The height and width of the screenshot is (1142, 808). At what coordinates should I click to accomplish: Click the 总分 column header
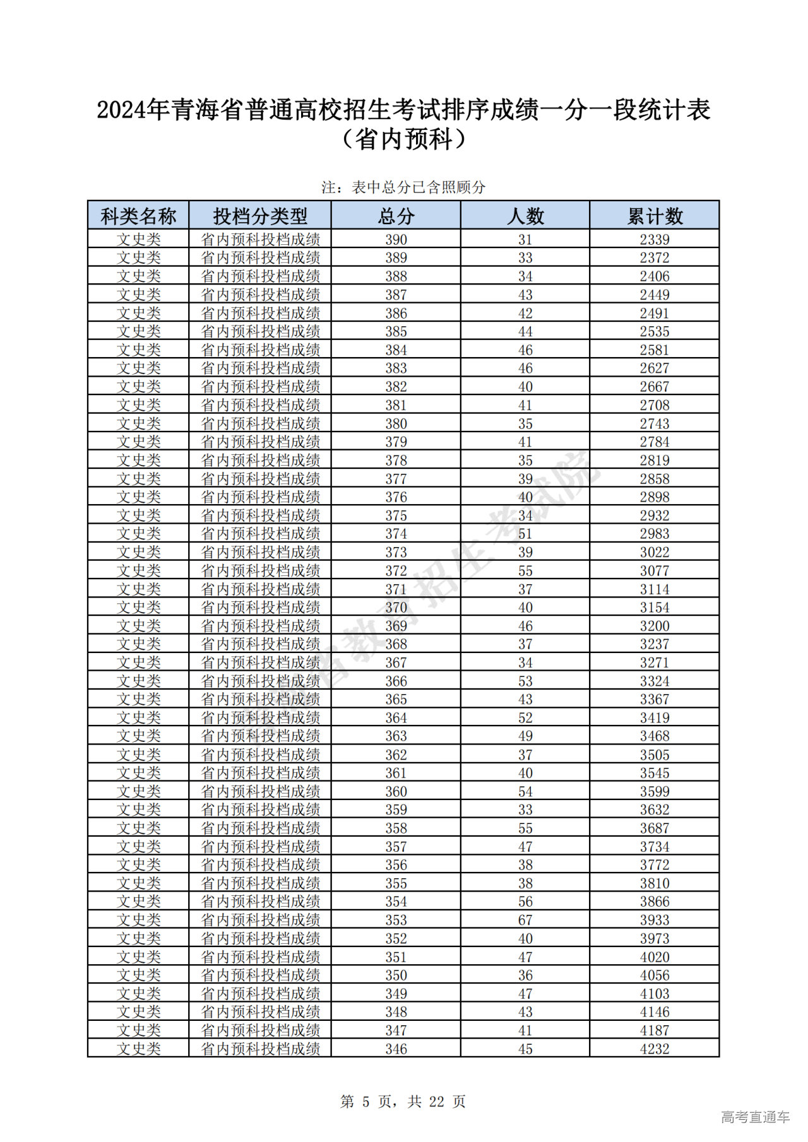coord(396,216)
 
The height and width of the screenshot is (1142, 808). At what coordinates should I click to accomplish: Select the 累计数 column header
coord(655,216)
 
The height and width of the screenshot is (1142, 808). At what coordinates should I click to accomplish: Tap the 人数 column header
coord(525,216)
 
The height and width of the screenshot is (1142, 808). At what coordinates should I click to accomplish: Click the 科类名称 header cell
coord(138,216)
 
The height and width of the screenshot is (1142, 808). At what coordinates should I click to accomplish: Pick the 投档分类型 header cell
coord(260,216)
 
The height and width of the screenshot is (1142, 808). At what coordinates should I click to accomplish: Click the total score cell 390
coord(396,240)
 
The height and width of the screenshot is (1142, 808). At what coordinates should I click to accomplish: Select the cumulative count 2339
coord(655,240)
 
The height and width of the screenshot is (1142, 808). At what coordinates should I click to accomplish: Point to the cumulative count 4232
coord(655,1049)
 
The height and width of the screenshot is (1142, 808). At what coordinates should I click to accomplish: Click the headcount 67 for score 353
coord(525,920)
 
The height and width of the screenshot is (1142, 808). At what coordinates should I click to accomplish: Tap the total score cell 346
coord(396,1049)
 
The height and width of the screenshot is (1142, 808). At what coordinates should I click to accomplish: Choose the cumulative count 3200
coord(655,626)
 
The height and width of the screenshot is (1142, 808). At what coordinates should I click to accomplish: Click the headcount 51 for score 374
coord(525,534)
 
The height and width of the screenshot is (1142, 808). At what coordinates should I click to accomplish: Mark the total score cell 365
coord(396,699)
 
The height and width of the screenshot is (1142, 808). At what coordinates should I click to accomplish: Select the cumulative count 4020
coord(655,957)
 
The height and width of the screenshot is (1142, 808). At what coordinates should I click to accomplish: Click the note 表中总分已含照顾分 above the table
coord(403,187)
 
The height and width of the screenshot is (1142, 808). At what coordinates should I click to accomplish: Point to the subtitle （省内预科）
coord(403,139)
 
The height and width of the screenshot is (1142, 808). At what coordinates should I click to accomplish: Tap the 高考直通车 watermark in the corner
coord(755,1117)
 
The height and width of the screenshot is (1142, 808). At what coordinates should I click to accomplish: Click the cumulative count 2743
coord(655,423)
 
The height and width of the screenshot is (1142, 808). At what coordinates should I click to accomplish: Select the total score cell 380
coord(396,423)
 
